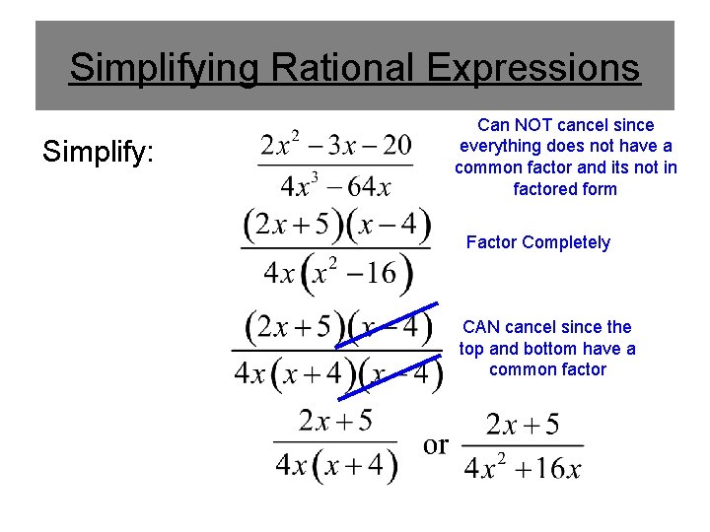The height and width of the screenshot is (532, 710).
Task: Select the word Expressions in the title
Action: (533, 68)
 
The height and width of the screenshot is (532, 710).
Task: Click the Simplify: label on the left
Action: (98, 152)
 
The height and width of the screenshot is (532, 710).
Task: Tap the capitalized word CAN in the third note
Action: (481, 327)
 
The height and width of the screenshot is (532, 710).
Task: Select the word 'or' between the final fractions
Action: (436, 444)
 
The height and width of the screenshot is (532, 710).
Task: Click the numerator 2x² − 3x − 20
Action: (335, 146)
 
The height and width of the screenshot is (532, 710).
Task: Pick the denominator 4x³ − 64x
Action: (335, 184)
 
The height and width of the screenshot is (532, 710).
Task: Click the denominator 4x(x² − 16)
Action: (336, 271)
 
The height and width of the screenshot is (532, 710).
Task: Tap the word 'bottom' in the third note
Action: (558, 349)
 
